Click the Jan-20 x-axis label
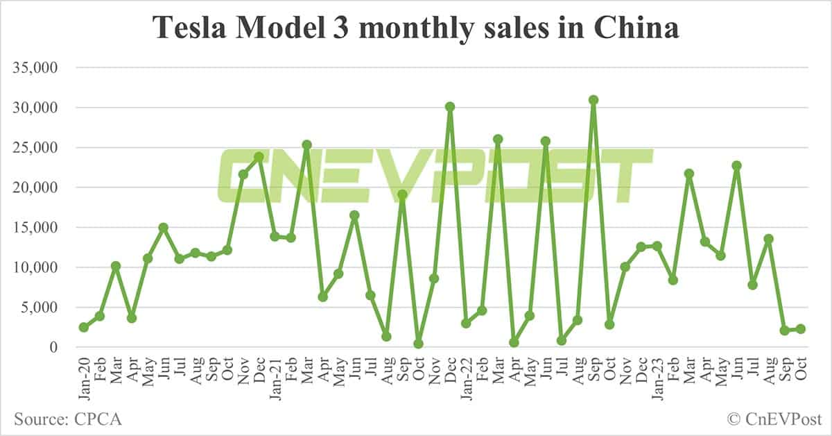coord(84,374)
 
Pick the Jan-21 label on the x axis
coord(275,374)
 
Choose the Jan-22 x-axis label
coord(466,374)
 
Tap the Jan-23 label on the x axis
coord(657,374)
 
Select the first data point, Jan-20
coord(84,327)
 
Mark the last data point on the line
coord(800,328)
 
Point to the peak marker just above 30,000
coord(593,100)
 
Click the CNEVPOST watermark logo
coord(435,174)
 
